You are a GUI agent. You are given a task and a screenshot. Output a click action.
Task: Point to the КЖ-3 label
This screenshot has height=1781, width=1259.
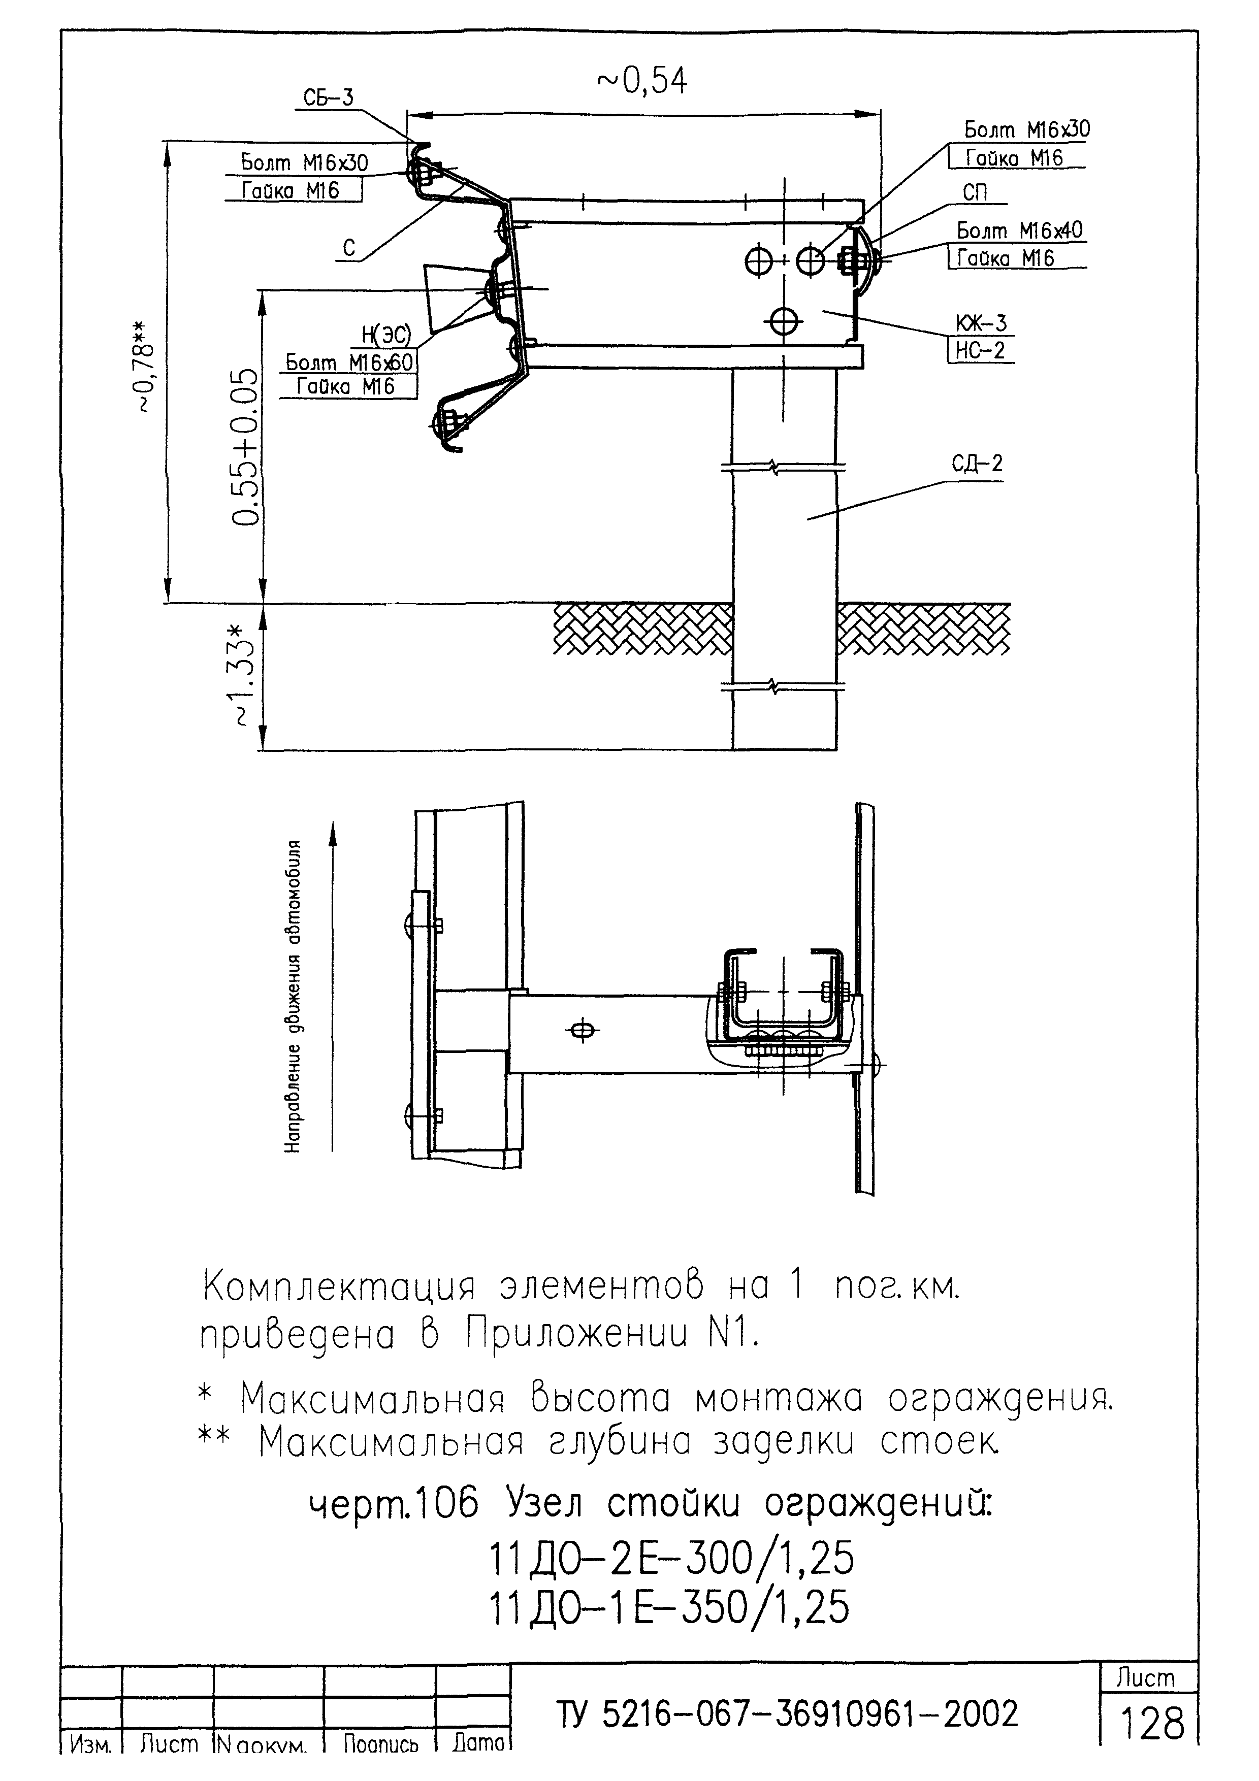coord(981,323)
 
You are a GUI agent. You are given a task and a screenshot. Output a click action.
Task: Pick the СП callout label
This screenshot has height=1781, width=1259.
coord(975,192)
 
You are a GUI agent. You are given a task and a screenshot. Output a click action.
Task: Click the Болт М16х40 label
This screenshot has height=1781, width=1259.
coord(1019,230)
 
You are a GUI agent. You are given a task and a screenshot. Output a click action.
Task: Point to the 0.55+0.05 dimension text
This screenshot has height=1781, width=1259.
coord(246,446)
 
